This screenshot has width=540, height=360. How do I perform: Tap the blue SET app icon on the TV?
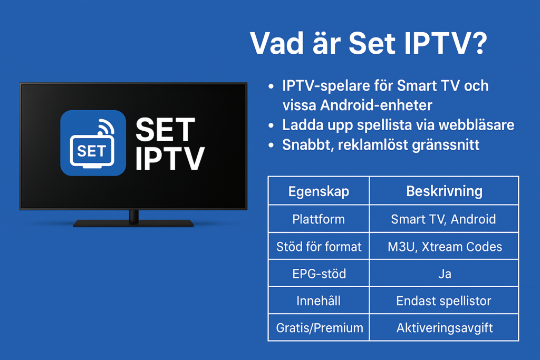[93, 143]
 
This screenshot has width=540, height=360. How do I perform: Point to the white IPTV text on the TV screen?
[169, 159]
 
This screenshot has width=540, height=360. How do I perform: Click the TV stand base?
[133, 223]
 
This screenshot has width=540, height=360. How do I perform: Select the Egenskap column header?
[319, 191]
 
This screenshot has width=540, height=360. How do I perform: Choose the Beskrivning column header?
[444, 191]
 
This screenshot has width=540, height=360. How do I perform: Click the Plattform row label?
[319, 219]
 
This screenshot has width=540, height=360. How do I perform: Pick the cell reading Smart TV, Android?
[443, 219]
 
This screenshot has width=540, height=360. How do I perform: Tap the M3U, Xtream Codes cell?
[444, 246]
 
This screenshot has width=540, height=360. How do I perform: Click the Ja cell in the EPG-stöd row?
[444, 274]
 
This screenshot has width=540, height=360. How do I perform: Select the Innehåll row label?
[319, 301]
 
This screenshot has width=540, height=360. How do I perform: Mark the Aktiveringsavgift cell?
[444, 328]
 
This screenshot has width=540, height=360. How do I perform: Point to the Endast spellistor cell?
[444, 301]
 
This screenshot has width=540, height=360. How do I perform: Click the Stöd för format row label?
[319, 246]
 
